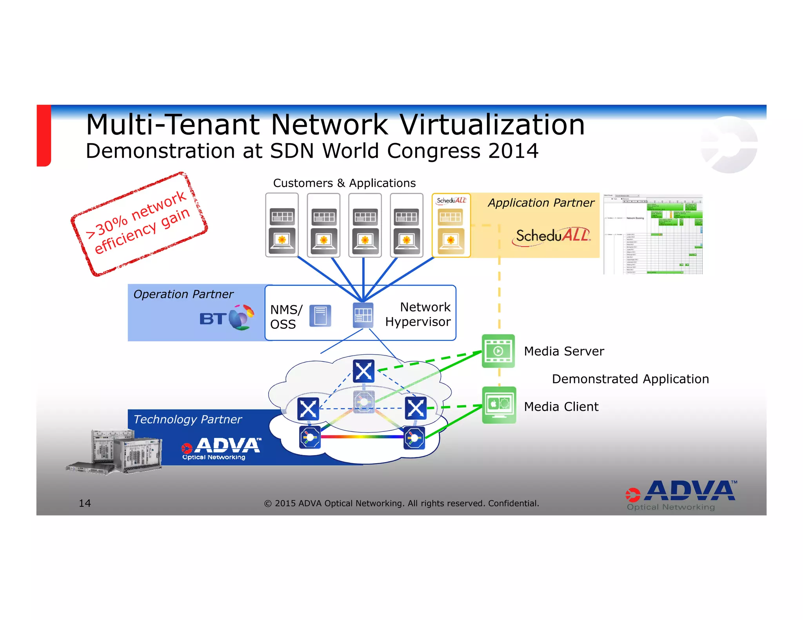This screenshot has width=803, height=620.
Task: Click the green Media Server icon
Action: coord(498,351)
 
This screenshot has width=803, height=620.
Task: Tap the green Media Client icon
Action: coord(499,405)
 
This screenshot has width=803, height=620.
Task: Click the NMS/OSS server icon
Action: coord(320,316)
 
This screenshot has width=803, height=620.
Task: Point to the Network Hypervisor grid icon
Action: coord(363,315)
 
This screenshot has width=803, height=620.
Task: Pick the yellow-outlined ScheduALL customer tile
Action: coord(451,225)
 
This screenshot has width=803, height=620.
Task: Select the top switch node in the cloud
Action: coord(363,371)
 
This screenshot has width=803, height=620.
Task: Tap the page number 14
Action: coord(85,503)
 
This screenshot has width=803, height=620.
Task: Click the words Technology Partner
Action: coord(187,419)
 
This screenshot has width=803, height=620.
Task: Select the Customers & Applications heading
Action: coord(344,183)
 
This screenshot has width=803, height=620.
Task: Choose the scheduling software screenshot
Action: coord(652,234)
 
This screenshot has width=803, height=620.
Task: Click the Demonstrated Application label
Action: coord(630,379)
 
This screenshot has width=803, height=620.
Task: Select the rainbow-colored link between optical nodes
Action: coord(362,436)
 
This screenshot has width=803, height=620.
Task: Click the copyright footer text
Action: coord(401,503)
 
